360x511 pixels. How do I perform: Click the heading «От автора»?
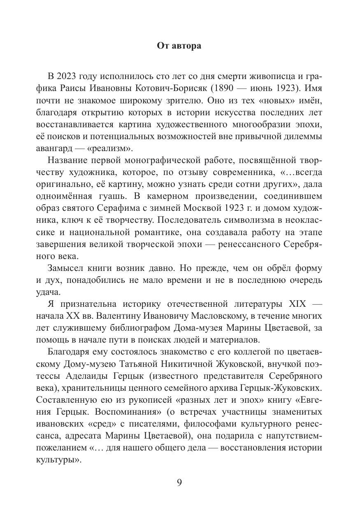179,46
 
